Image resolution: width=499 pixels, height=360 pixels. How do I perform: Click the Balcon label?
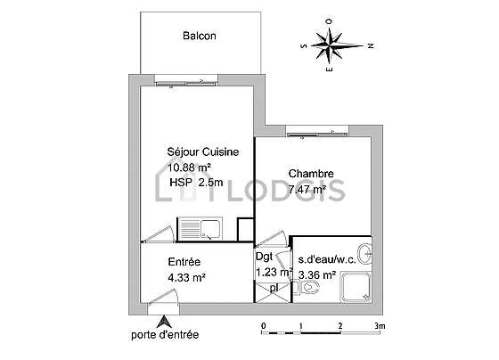(200, 36)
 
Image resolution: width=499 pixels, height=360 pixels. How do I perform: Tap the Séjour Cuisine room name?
(203, 151)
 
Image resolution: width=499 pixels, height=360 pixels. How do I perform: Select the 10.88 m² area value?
(189, 168)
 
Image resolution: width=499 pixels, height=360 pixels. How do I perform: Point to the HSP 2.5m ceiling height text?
(196, 183)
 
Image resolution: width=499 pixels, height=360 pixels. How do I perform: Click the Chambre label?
(311, 174)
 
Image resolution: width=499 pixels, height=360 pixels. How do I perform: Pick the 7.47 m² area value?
(307, 190)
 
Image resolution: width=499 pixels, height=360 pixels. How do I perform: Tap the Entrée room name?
(184, 262)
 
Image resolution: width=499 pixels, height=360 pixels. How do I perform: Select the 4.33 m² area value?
(186, 277)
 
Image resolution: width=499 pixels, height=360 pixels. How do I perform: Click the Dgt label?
(264, 257)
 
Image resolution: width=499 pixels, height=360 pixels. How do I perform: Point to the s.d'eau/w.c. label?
(327, 259)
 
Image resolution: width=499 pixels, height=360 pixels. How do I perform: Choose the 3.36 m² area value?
(317, 274)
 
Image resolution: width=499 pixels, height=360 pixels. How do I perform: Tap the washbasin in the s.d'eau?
(364, 254)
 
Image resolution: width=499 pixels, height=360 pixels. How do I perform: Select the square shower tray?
(356, 286)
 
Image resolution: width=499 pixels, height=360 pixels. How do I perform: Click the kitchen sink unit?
(200, 229)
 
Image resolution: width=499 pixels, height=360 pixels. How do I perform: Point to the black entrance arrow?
(164, 322)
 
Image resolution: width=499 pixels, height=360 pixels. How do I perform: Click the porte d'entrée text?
(165, 335)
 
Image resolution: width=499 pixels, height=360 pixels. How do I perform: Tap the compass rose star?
(331, 45)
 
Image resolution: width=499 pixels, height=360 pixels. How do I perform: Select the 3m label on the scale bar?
(380, 326)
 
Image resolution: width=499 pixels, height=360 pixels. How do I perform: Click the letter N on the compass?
(371, 45)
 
